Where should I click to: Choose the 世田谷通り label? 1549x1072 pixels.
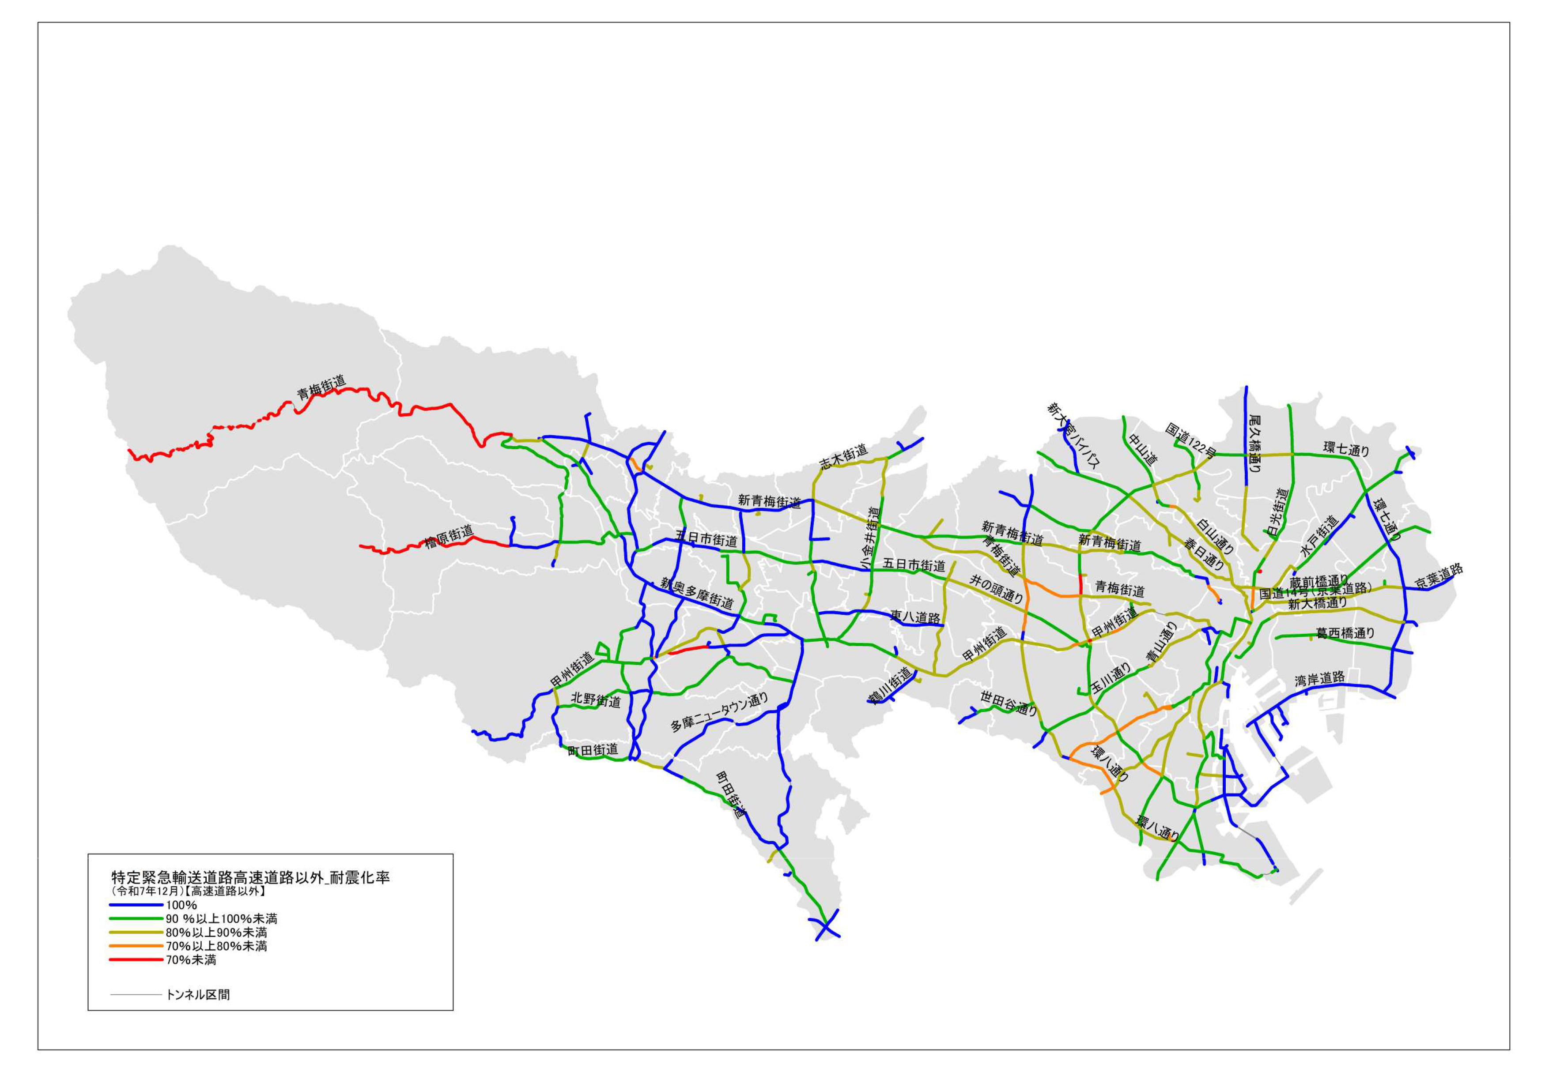point(1008,703)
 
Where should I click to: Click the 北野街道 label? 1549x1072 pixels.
point(595,700)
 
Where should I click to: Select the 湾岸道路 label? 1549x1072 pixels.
point(1320,679)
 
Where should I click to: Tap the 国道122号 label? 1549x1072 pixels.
point(1190,440)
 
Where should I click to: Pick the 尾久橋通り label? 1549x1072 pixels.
point(1254,443)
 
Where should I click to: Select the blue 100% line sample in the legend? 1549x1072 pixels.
point(136,905)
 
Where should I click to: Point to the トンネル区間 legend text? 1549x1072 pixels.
point(197,994)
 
